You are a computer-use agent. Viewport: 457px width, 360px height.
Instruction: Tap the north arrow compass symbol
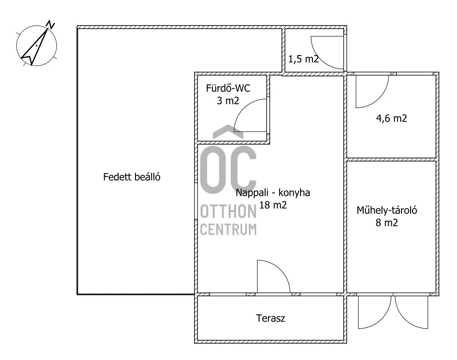pyautogui.click(x=36, y=45)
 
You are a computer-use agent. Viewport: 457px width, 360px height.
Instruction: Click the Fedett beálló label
pyautogui.click(x=132, y=177)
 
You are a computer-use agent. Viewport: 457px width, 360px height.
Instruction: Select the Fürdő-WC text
pyautogui.click(x=228, y=88)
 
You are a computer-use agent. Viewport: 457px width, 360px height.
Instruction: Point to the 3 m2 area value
pyautogui.click(x=228, y=101)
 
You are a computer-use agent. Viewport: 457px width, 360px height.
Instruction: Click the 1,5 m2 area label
pyautogui.click(x=303, y=59)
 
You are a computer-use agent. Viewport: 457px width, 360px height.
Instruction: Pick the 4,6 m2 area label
pyautogui.click(x=392, y=118)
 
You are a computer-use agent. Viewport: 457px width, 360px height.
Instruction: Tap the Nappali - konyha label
pyautogui.click(x=273, y=193)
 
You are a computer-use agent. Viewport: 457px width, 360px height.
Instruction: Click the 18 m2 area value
pyautogui.click(x=273, y=205)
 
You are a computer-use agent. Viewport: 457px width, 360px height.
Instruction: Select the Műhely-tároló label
pyautogui.click(x=387, y=210)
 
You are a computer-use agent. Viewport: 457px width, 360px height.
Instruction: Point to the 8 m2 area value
pyautogui.click(x=387, y=223)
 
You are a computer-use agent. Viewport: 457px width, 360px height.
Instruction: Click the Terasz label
pyautogui.click(x=271, y=318)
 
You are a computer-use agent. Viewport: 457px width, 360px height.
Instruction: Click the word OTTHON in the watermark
pyautogui.click(x=228, y=212)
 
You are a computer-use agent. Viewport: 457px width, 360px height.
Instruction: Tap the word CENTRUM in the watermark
pyautogui.click(x=228, y=229)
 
